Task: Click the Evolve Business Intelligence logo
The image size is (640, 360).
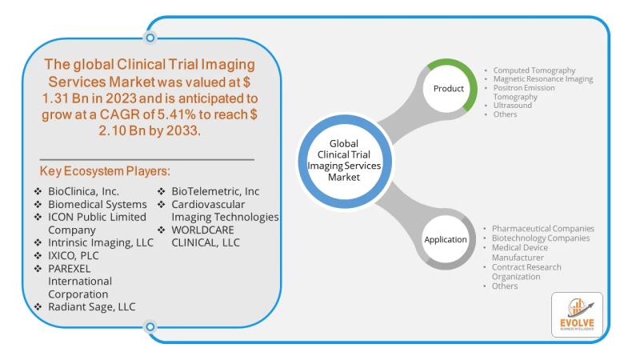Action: pos(577,314)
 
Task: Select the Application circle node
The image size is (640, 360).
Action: pos(446,239)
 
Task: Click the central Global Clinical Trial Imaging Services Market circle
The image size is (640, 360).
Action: pos(344,161)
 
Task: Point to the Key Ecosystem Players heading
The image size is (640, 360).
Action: pos(105,171)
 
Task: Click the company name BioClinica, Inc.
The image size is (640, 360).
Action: pos(84,191)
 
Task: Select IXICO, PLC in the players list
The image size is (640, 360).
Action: pos(74,255)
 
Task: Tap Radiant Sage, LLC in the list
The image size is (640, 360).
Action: pos(92,307)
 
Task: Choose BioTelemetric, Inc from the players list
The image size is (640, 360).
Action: pos(215,191)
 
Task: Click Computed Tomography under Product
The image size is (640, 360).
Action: pos(534,70)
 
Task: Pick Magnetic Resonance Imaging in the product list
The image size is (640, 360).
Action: pos(543,78)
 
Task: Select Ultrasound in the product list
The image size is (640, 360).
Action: pos(513,106)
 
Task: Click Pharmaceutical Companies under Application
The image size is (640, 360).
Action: pos(543,229)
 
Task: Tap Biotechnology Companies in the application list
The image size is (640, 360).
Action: pos(541,238)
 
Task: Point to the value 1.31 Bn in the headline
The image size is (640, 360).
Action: pos(66,98)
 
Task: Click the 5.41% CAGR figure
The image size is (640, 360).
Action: pos(177,114)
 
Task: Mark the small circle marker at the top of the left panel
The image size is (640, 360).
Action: pos(150,38)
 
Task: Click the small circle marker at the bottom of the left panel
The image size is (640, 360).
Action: pos(150,326)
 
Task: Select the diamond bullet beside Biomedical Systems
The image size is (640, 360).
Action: pos(38,204)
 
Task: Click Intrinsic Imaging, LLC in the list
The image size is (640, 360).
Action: pos(101,242)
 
